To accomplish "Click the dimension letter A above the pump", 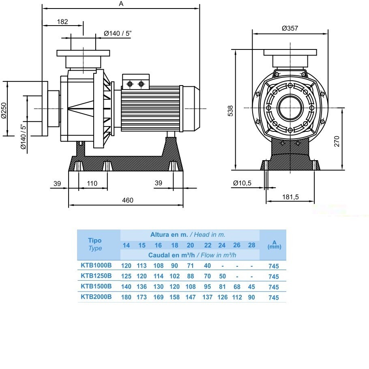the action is click(x=121, y=4).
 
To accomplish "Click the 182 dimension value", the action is click(x=62, y=21).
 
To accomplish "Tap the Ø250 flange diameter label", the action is click(x=4, y=111).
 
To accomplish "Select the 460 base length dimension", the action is click(x=128, y=200).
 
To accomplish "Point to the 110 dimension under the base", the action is click(x=92, y=183).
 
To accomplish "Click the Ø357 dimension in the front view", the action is click(x=290, y=28).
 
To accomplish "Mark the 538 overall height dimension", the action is click(x=230, y=111).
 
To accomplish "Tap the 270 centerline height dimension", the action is click(x=337, y=141).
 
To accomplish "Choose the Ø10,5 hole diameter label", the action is click(x=242, y=183).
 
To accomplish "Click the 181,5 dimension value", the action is click(x=290, y=197).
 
